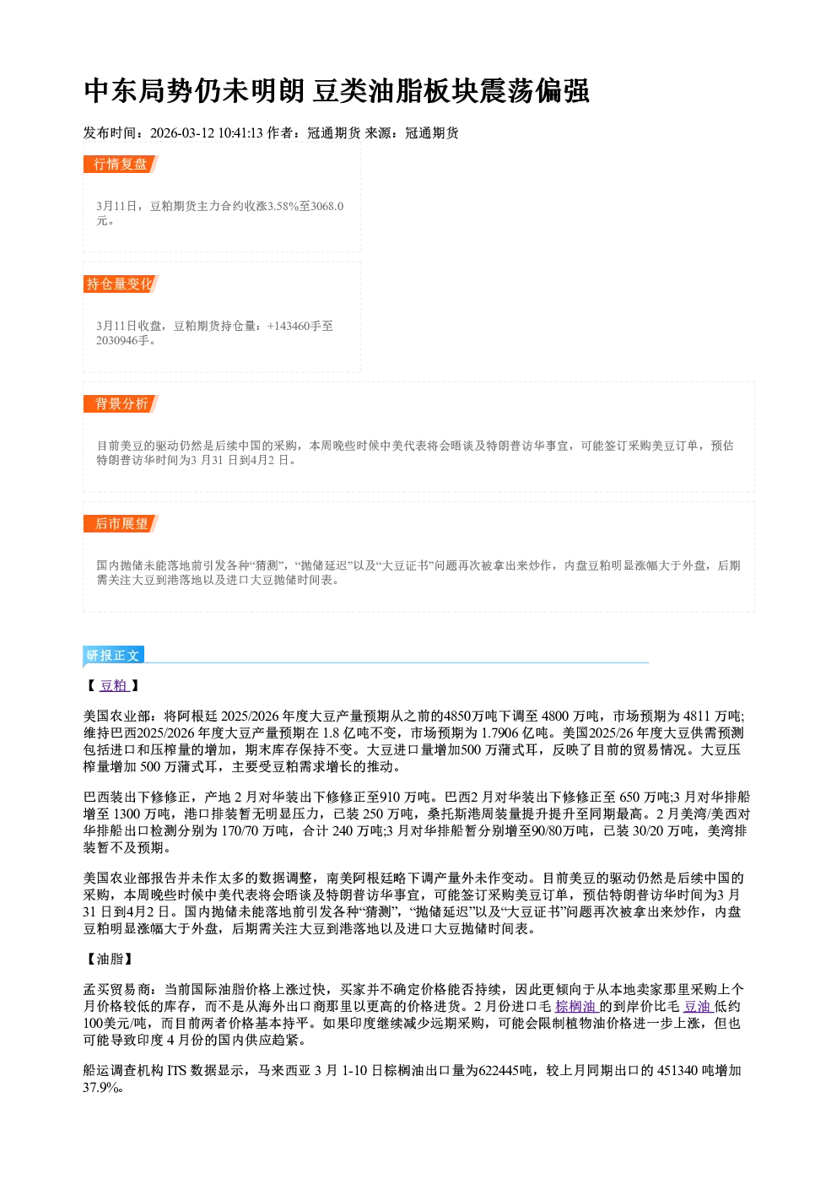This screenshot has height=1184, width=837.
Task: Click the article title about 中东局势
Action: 337,91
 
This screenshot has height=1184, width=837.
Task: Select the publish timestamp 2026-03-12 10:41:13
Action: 207,132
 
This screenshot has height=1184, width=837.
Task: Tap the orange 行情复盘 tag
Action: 121,164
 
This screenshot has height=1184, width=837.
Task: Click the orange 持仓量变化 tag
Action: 121,284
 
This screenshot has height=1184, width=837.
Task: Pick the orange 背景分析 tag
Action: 121,404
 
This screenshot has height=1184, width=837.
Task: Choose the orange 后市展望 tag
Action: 121,524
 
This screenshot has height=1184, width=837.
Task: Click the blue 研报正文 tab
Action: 113,656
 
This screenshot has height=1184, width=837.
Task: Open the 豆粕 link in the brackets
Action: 114,686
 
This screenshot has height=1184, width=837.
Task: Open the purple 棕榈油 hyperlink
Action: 575,1007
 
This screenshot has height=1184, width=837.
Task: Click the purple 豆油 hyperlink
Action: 698,1007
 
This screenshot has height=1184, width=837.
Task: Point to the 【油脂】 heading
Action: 110,959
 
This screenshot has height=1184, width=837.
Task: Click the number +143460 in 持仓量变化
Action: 289,326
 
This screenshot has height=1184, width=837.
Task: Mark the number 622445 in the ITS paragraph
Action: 499,1070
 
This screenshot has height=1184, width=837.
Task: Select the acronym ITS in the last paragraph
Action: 177,1070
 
